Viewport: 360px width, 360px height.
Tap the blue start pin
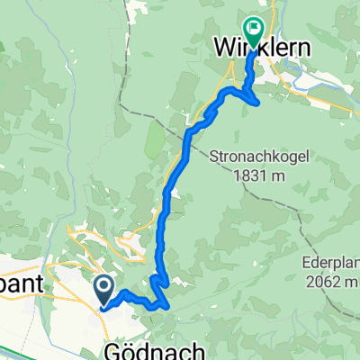103,289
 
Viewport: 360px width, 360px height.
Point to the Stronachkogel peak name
262,156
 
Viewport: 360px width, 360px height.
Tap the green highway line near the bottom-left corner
18,350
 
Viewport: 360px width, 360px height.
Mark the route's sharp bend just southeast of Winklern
259,101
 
